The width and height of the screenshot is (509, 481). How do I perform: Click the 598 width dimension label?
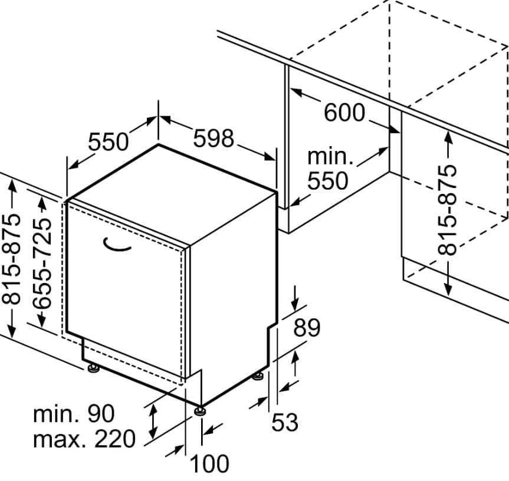pos(214,139)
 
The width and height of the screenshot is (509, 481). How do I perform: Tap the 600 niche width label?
pos(345,112)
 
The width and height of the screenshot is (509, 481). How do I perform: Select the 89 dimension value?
pos(307,328)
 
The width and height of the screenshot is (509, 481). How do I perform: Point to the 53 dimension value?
pos(285,422)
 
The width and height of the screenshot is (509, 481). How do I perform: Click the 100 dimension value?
pos(209,464)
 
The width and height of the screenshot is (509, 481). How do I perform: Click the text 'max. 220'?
pos(84,439)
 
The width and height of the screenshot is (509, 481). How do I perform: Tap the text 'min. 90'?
pos(74,414)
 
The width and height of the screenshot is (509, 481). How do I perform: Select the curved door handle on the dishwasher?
pos(117,245)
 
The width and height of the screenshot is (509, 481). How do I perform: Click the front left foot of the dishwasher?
pos(93,369)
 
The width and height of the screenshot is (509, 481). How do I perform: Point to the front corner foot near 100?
pos(201,409)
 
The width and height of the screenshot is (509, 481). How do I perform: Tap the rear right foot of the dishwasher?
pos(257,375)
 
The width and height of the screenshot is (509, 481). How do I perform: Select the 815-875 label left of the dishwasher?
pos(12,259)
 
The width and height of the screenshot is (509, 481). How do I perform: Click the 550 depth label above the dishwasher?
pos(109,142)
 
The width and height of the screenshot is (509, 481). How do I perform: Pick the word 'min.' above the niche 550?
pos(330,157)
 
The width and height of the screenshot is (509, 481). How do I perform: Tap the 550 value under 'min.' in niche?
pos(328,180)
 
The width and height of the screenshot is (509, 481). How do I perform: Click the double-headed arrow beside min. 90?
pos(153,421)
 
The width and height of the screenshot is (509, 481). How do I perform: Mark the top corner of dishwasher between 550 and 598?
pos(158,144)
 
